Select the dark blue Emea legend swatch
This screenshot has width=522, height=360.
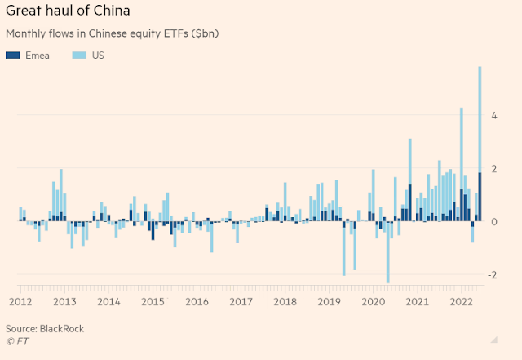12,56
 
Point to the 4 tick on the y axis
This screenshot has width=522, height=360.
493,115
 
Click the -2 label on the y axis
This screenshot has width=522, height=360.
492,275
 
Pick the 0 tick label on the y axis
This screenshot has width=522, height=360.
493,222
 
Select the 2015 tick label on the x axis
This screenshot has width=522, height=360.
152,301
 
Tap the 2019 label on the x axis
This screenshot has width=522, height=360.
328,301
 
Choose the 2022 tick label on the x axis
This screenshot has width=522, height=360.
460,301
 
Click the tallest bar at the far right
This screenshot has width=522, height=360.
480,122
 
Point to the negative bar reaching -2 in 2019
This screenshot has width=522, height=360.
343,249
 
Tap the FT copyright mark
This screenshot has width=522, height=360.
14,340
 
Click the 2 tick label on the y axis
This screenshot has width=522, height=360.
493,168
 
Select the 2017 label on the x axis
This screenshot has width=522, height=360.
240,301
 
